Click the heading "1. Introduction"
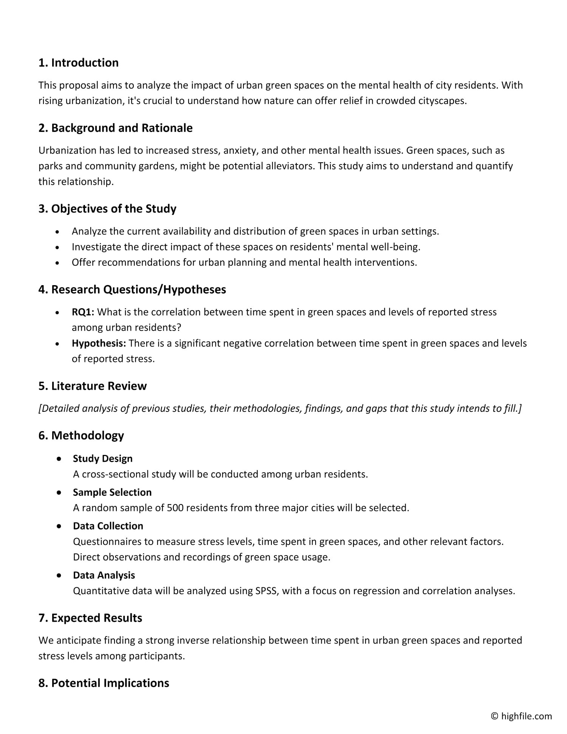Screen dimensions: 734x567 point(78,63)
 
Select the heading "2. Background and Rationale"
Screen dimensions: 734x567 point(115,128)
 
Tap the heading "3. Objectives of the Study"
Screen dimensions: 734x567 point(107,209)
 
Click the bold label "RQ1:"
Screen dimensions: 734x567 point(83,312)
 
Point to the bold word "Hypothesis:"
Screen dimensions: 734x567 point(99,343)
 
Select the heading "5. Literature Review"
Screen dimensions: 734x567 point(92,386)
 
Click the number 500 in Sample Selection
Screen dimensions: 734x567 point(175,507)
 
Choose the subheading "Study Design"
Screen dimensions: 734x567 point(102,459)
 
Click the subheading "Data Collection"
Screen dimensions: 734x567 point(108,526)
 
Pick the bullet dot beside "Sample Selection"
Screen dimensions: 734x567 point(59,493)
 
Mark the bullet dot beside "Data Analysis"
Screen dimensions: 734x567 point(59,576)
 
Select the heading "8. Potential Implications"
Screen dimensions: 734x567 point(104,683)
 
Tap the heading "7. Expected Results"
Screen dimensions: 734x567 point(90,618)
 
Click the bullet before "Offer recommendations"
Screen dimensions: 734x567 point(57,263)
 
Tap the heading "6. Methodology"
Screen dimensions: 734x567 point(81,436)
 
